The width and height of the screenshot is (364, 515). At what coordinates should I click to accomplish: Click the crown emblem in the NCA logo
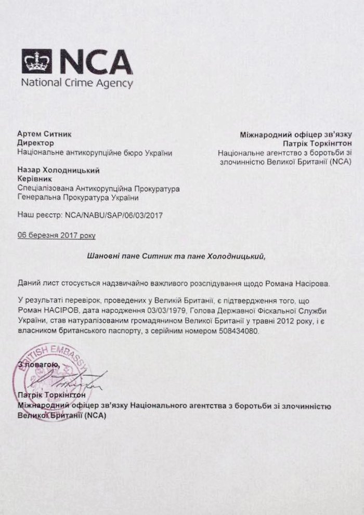(37, 62)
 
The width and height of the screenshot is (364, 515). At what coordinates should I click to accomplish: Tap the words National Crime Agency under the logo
(77, 83)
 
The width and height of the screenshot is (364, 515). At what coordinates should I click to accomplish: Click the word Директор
(35, 143)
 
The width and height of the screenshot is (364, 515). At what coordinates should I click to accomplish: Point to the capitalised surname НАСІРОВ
(56, 313)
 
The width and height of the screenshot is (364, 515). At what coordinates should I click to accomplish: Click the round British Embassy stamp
(52, 372)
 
